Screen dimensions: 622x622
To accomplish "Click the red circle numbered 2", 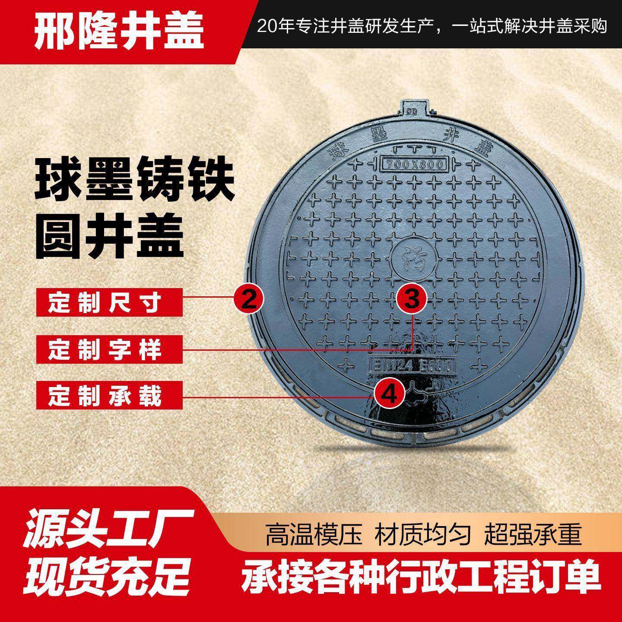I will pyautogui.click(x=248, y=298).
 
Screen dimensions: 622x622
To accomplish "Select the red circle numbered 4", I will pyautogui.click(x=389, y=394).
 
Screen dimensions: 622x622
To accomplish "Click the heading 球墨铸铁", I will pyautogui.click(x=134, y=183).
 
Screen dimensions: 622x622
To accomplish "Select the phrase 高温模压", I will pyautogui.click(x=313, y=534).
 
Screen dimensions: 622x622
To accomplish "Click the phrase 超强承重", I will pyautogui.click(x=533, y=534).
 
